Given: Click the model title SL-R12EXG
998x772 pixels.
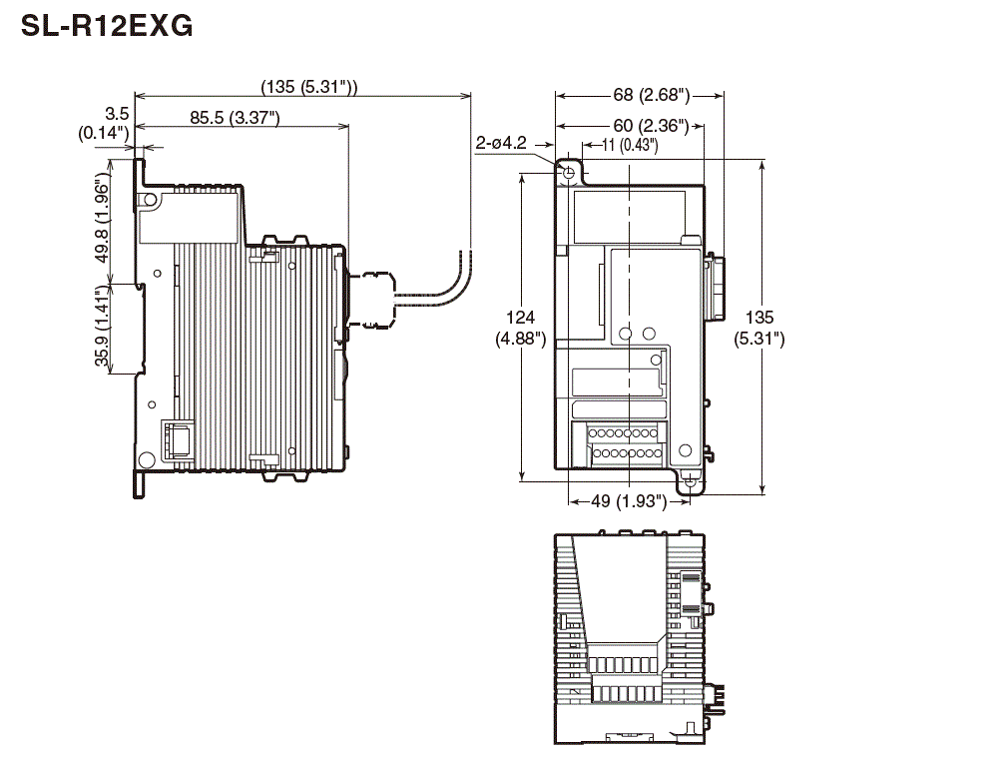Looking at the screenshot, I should click(107, 27).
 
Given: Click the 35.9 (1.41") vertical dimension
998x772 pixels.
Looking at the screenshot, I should click(103, 330).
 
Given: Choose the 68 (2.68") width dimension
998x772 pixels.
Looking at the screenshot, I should click(639, 95).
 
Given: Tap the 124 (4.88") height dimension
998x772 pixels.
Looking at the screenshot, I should click(520, 328).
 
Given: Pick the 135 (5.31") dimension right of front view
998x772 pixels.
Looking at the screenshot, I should click(759, 328).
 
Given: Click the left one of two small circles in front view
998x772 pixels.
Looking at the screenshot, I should click(626, 333).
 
